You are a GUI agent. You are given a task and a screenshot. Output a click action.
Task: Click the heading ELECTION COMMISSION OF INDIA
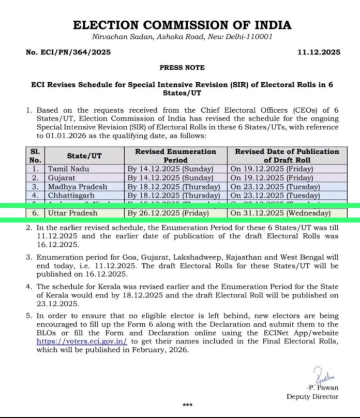coord(182,25)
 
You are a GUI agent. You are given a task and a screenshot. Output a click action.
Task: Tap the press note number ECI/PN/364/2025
coord(68,52)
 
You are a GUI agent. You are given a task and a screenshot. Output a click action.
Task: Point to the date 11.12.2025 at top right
coord(319,52)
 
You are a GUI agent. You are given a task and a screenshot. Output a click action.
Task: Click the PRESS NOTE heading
coord(182,68)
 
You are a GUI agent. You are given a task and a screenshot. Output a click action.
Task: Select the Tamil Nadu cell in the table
coord(69,169)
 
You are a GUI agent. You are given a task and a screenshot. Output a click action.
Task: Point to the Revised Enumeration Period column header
coord(175,156)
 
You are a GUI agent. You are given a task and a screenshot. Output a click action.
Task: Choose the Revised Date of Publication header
coord(287,156)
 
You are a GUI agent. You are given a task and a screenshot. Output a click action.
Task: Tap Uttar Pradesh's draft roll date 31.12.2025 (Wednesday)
coord(280,213)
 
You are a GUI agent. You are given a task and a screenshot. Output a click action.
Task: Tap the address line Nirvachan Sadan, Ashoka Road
coord(182,37)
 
